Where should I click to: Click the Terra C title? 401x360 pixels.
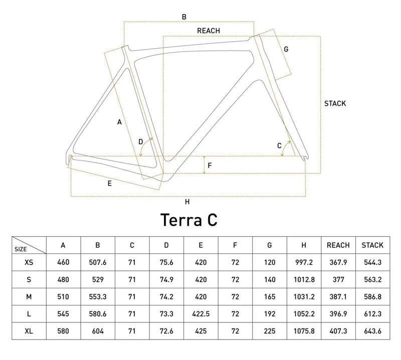(x=188, y=219)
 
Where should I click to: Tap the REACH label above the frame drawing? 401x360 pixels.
(x=209, y=31)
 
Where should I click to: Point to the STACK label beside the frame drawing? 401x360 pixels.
(x=335, y=104)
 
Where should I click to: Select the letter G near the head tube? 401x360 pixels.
(x=286, y=49)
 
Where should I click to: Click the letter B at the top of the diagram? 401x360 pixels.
(x=184, y=17)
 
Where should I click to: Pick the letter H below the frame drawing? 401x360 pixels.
(x=187, y=202)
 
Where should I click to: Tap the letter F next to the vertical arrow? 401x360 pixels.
(x=210, y=165)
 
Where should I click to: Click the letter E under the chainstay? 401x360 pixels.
(x=109, y=184)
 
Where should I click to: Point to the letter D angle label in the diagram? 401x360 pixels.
(x=140, y=142)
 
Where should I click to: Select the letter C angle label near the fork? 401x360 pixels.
(x=280, y=146)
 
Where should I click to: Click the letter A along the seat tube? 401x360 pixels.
(x=119, y=122)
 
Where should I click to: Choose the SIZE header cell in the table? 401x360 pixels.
(x=21, y=248)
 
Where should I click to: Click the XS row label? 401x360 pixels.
(x=29, y=262)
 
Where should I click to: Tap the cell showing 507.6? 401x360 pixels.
(x=97, y=262)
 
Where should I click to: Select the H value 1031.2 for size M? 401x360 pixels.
(x=304, y=297)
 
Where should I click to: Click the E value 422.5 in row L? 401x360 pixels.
(x=200, y=314)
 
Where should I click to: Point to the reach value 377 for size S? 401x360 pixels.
(x=338, y=279)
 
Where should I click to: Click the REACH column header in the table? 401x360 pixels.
(x=338, y=245)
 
